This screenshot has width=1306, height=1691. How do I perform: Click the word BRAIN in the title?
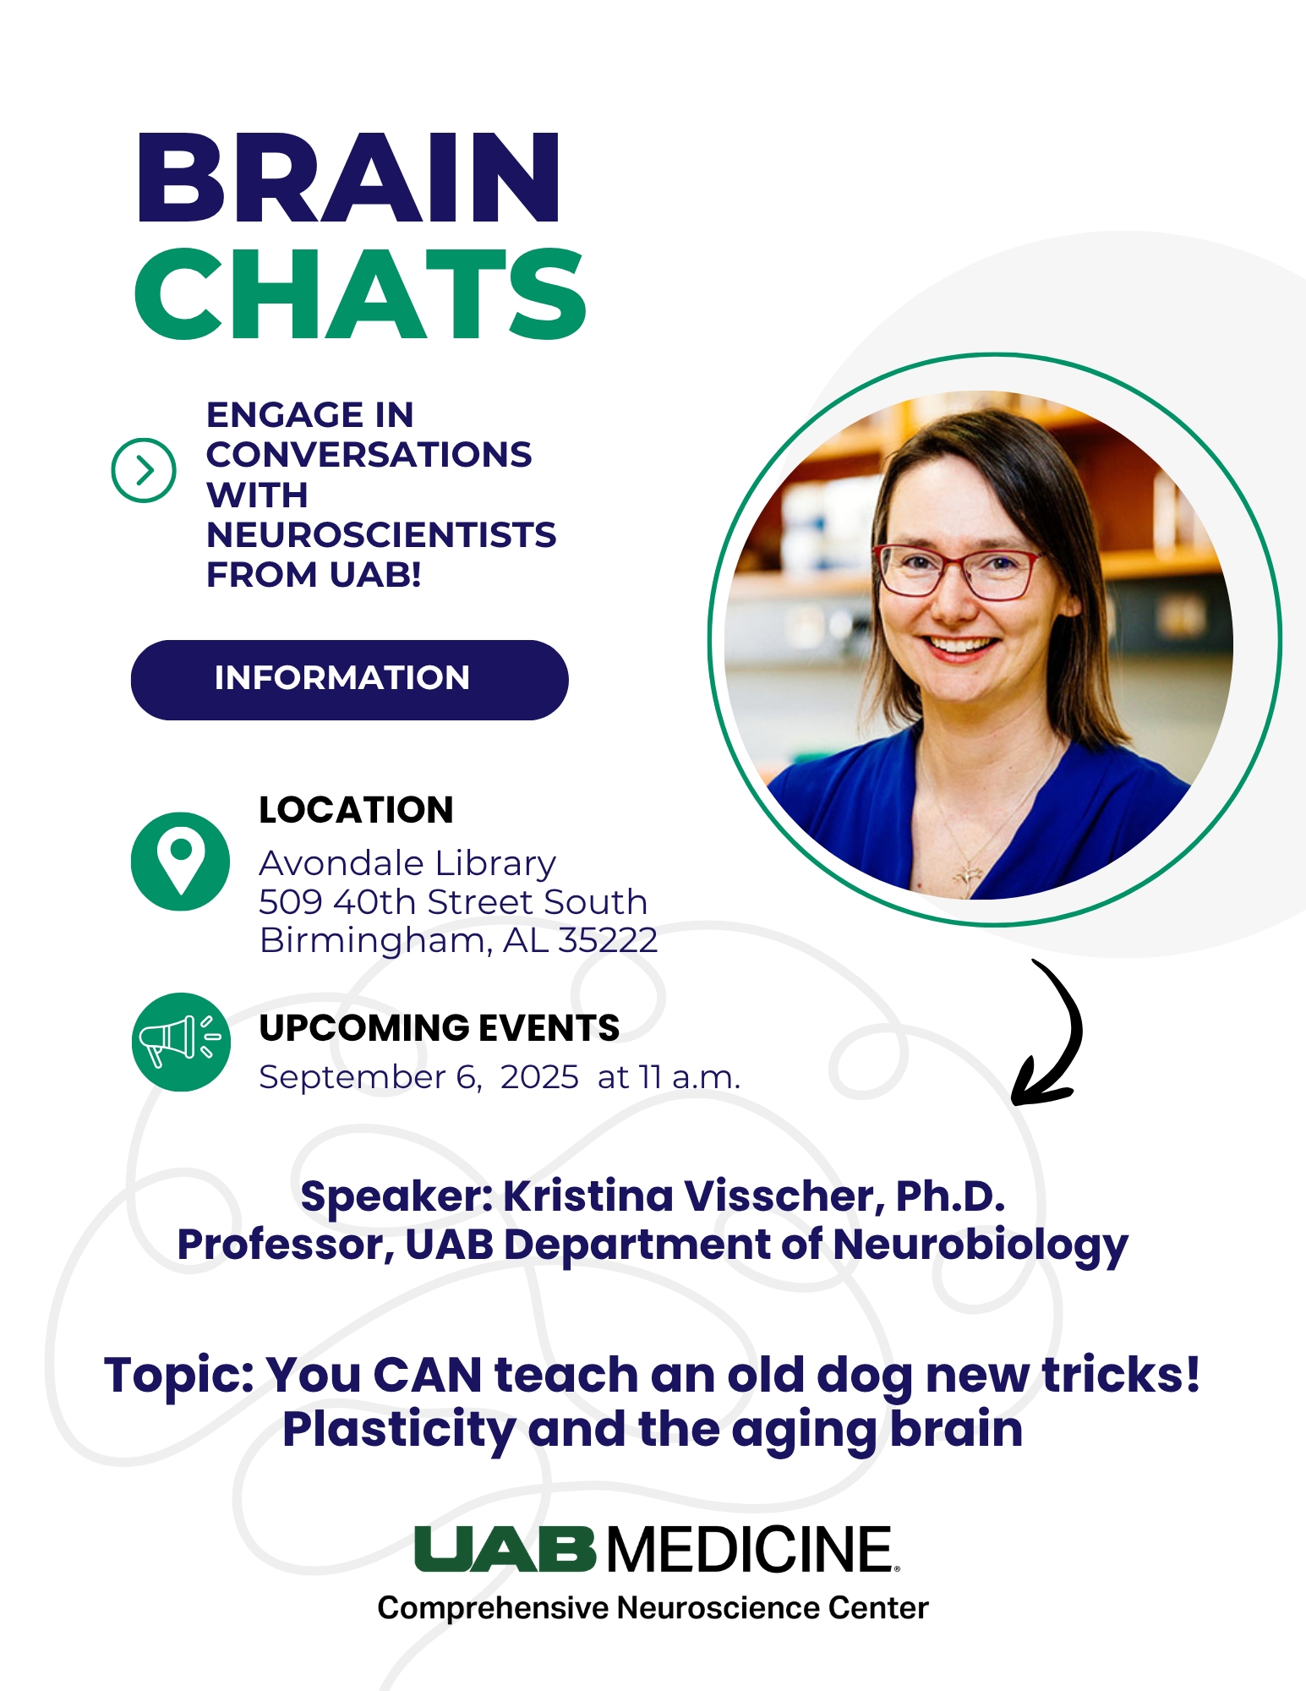pos(347,178)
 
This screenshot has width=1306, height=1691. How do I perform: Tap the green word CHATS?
pos(360,294)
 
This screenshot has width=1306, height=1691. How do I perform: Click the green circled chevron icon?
pos(144,470)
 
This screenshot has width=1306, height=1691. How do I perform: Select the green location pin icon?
pos(180,862)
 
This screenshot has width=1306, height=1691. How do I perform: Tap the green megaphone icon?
pos(181,1042)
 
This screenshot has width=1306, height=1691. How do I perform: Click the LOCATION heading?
pos(356,810)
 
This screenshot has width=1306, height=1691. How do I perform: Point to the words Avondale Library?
pos(407,863)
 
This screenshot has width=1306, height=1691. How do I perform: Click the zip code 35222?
pos(608,940)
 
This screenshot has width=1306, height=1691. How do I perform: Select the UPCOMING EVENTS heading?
pos(440,1028)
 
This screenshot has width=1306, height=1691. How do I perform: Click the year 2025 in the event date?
pos(539,1077)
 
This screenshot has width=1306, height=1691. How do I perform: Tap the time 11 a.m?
pos(690,1077)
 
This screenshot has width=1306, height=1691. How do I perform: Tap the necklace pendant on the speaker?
pos(969,875)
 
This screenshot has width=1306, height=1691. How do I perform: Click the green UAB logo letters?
pos(505,1550)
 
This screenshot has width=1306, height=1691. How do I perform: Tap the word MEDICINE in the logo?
pos(750,1550)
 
